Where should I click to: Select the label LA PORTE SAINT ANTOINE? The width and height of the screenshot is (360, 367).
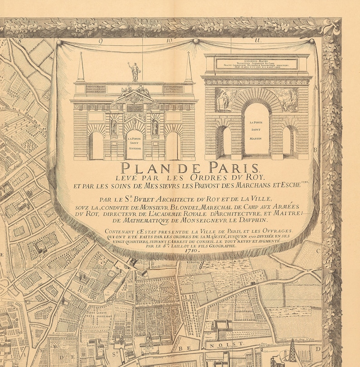click(x=135, y=144)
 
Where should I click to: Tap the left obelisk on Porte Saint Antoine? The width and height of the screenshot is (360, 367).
click(x=81, y=68)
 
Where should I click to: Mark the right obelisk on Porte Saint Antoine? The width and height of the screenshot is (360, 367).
click(x=189, y=68)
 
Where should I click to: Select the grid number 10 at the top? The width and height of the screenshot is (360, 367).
click(x=169, y=41)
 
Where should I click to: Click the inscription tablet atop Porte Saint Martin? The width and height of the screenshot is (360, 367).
click(x=257, y=64)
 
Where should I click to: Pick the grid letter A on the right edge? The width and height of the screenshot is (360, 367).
click(x=316, y=88)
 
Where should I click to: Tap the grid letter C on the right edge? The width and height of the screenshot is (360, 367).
click(x=318, y=250)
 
